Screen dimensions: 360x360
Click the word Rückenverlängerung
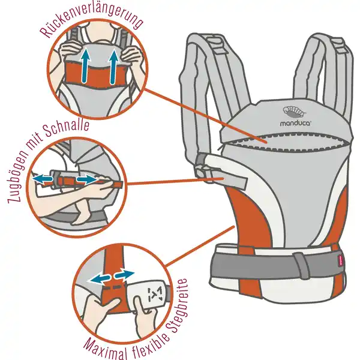[x=91, y=20]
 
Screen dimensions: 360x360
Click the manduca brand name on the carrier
[x=295, y=123]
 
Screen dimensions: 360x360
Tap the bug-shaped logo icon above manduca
[x=295, y=112]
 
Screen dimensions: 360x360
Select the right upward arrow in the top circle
[x=114, y=67]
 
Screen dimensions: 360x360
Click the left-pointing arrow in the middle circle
[x=43, y=179]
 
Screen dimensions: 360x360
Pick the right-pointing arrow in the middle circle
[x=87, y=179]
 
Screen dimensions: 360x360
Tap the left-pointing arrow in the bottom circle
[x=100, y=279]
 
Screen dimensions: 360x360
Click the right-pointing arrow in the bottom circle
[x=124, y=274]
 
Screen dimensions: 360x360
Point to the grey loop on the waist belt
[x=302, y=265]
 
